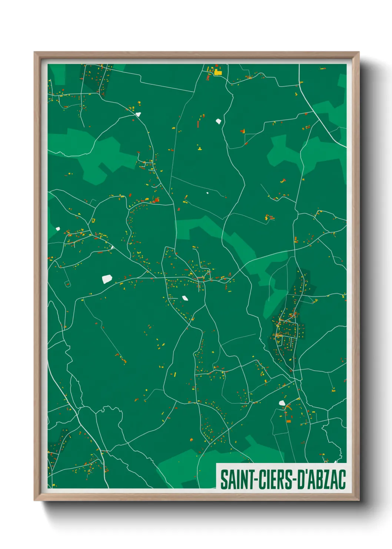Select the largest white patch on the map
pyautogui.click(x=107, y=279)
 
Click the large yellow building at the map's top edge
pyautogui.click(x=218, y=72)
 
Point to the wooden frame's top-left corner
pyautogui.click(x=35, y=53)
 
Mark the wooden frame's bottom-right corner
pyautogui.click(x=358, y=500)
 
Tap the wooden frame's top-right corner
pyautogui.click(x=358, y=53)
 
